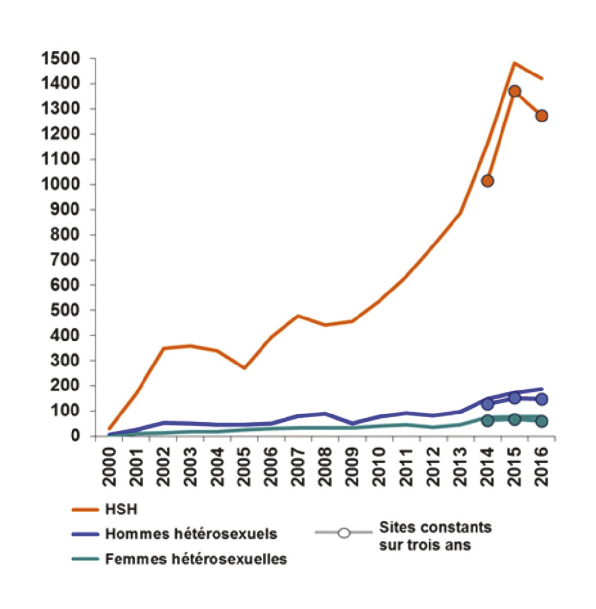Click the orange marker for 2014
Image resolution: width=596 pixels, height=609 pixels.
pyautogui.click(x=487, y=181)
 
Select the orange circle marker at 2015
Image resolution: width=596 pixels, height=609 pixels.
pyautogui.click(x=514, y=91)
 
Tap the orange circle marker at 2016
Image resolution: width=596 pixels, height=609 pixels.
pyautogui.click(x=541, y=116)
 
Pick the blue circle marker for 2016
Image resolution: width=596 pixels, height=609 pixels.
pyautogui.click(x=541, y=399)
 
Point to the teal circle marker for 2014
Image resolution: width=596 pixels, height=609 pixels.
pyautogui.click(x=487, y=420)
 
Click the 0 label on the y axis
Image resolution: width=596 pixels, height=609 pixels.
pyautogui.click(x=75, y=436)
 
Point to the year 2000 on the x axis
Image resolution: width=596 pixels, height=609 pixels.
pyautogui.click(x=109, y=465)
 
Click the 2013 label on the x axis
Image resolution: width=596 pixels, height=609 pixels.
pyautogui.click(x=461, y=465)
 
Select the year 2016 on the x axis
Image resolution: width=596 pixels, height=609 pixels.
pyautogui.click(x=542, y=465)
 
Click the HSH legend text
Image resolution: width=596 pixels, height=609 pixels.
pyautogui.click(x=121, y=510)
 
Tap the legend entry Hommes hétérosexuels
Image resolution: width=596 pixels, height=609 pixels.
pyautogui.click(x=191, y=534)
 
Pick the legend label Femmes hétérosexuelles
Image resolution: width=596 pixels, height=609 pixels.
pyautogui.click(x=196, y=559)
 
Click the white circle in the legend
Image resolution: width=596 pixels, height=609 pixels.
pyautogui.click(x=344, y=533)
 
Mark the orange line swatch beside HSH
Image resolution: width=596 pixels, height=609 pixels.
pyautogui.click(x=85, y=510)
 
